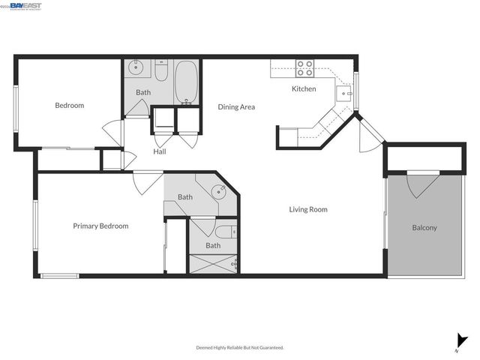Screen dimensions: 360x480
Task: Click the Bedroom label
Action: point(69,106)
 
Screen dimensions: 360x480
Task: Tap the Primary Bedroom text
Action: point(100,226)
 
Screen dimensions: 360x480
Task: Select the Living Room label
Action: point(308,209)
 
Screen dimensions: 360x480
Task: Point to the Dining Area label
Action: point(236,107)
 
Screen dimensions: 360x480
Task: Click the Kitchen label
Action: point(304,89)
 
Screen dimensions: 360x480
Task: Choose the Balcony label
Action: point(424,228)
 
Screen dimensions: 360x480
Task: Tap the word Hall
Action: point(160,151)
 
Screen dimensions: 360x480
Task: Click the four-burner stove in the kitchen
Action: point(304,68)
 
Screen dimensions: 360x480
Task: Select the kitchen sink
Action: point(343,92)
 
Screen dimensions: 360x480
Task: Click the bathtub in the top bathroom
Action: point(186,83)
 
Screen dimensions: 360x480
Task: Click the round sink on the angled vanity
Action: point(218,190)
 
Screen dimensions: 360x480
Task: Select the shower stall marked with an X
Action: point(211,264)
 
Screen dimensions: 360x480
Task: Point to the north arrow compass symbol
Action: point(457,341)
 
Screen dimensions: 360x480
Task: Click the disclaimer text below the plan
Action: point(240,347)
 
